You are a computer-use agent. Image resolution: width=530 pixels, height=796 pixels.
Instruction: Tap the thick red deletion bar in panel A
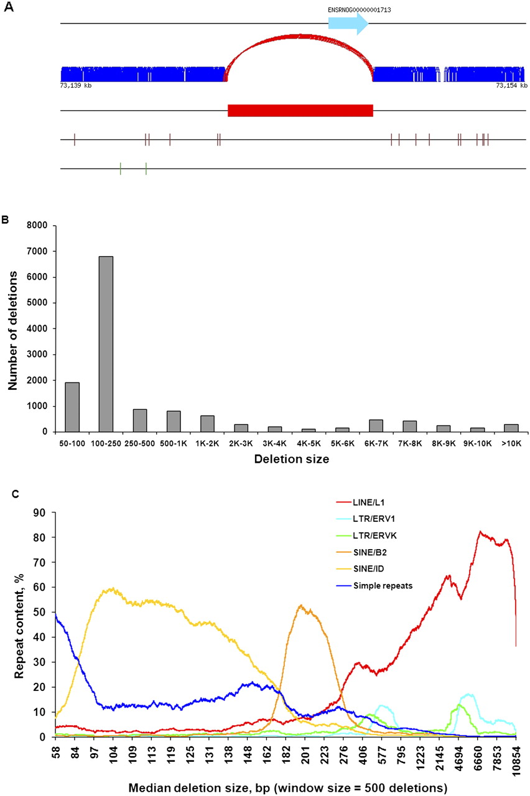[x=300, y=110]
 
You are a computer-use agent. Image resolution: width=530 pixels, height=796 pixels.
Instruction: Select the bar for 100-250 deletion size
[x=106, y=344]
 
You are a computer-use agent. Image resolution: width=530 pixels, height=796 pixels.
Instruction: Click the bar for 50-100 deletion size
[x=72, y=407]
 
